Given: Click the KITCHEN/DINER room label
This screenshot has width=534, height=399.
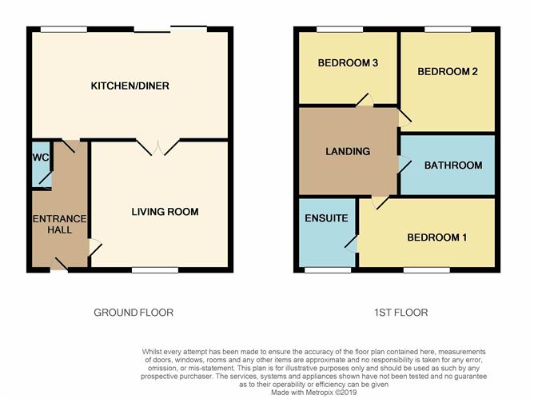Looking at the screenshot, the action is (x=130, y=86).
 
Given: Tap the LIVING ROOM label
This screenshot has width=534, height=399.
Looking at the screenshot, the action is (x=165, y=212).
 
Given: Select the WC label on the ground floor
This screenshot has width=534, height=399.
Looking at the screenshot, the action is (x=41, y=157).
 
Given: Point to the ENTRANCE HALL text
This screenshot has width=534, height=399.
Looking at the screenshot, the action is (x=60, y=224).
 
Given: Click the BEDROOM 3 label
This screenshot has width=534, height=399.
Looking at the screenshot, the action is (x=348, y=62).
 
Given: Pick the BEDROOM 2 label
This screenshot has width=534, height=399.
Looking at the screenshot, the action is (x=448, y=71).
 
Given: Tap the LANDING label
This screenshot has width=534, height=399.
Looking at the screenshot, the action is (x=348, y=151).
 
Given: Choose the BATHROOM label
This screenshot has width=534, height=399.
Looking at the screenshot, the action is (x=453, y=166).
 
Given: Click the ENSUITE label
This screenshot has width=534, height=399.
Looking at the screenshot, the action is (x=326, y=218).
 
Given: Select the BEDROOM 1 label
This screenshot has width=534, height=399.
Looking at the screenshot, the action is (x=437, y=237).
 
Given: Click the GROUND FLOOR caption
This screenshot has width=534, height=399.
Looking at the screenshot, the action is (x=133, y=313).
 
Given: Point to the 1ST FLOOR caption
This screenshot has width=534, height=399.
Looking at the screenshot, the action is (x=400, y=313).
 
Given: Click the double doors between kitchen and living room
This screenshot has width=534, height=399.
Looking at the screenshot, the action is (x=157, y=147).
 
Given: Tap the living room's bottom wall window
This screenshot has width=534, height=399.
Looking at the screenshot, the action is (x=155, y=270).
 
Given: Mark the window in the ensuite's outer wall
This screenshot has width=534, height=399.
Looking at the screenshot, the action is (x=328, y=270).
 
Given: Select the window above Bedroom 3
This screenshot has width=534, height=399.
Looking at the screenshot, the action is (x=340, y=30).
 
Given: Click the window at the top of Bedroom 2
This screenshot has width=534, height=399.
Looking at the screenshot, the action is (x=448, y=30).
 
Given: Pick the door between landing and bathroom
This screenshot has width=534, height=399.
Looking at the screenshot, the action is (x=404, y=165).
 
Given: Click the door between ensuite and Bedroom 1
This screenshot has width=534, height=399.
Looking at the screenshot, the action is (x=352, y=244).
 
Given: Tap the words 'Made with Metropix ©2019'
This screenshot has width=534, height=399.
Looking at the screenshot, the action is (x=313, y=393).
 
